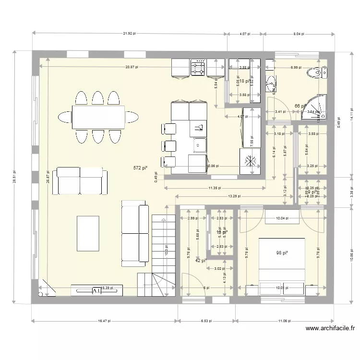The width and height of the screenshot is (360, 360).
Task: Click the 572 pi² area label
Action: point(140,168)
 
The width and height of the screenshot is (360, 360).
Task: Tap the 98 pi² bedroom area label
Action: point(281,253)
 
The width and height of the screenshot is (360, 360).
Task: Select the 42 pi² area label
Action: point(201,261)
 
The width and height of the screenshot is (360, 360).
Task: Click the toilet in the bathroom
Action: point(315,73)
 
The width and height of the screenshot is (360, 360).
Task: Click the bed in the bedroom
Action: point(282,259)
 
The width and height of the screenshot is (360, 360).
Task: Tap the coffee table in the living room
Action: point(88,233)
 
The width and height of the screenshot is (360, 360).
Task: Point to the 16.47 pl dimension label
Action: point(104,321)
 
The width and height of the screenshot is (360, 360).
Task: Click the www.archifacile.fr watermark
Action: point(331,329)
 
